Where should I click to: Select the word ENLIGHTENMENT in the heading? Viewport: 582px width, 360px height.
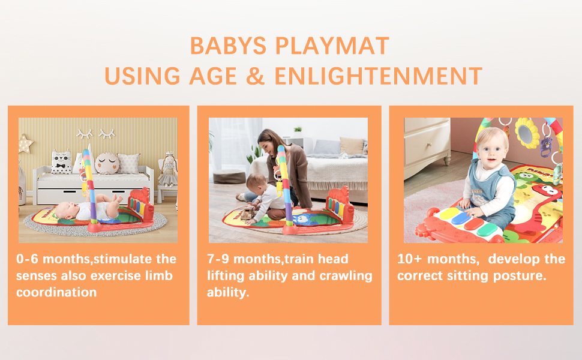pos(379,76)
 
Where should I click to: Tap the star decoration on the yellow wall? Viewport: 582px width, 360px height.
pos(25,143)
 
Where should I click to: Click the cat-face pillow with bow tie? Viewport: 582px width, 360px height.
pos(61,162)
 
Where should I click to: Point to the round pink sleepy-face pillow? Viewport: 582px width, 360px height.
pos(107,163)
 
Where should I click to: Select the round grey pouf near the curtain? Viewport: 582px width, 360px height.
pos(229,176)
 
